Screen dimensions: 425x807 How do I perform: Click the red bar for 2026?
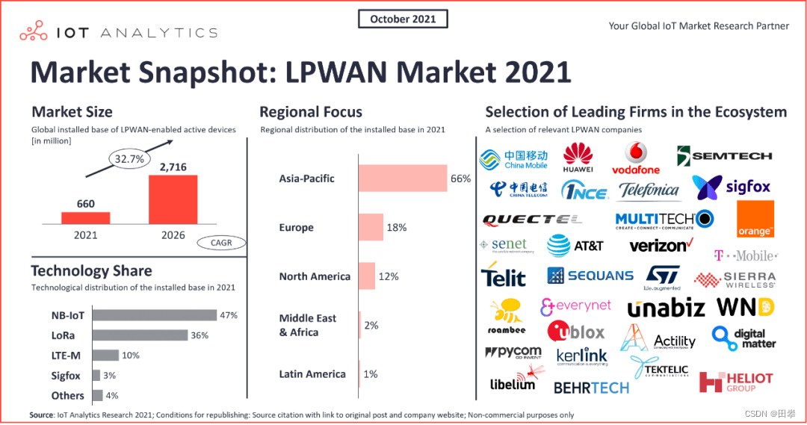(x=173, y=199)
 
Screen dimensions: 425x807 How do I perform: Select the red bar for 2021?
(x=85, y=218)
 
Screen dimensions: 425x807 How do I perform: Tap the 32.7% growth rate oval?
(x=129, y=158)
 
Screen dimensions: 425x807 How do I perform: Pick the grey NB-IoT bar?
(x=154, y=315)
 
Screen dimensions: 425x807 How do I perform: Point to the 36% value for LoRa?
(x=200, y=335)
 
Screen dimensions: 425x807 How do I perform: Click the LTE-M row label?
(x=67, y=356)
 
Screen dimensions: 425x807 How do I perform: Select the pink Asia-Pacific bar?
(x=402, y=179)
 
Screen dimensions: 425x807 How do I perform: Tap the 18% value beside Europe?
(x=396, y=227)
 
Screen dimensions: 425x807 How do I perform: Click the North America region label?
(x=315, y=276)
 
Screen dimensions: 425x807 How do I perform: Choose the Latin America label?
(x=312, y=373)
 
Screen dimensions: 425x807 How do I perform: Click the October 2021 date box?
(x=403, y=19)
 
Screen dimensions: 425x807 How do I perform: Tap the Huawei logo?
(x=578, y=158)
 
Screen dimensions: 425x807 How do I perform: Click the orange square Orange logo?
(x=755, y=219)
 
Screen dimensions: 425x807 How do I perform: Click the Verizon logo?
(x=661, y=245)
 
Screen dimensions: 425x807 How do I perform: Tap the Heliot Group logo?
(x=735, y=382)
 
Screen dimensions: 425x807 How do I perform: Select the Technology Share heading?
(x=91, y=270)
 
